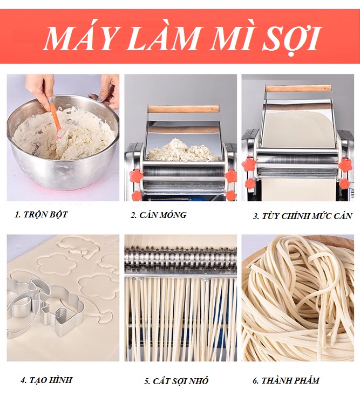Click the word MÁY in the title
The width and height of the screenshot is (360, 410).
[x=79, y=38]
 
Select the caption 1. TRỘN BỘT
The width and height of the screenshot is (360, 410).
[x=42, y=214]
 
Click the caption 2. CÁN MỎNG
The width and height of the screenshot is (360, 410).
[x=159, y=215]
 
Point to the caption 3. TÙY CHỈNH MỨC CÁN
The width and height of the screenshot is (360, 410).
[x=302, y=216]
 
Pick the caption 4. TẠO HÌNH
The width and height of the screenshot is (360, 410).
[x=46, y=380]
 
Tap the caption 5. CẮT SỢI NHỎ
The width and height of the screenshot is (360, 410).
[x=176, y=381]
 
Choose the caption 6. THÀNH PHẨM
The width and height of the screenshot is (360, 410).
[x=286, y=380]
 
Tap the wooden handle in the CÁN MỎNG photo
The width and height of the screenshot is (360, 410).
[x=184, y=109]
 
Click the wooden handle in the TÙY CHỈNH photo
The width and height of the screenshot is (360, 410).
[x=299, y=88]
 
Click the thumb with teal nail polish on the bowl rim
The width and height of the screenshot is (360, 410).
[x=100, y=99]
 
